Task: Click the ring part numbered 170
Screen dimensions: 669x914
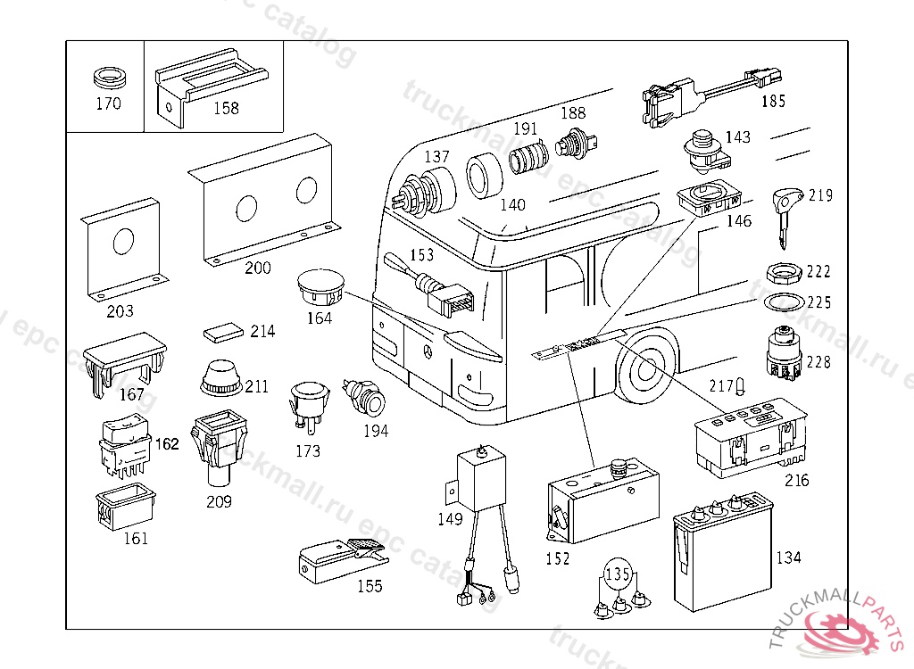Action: point(109,75)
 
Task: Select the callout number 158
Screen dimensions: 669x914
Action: point(227,108)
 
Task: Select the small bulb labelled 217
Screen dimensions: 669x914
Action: point(740,385)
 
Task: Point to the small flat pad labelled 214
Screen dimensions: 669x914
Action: point(223,332)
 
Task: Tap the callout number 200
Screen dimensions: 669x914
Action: point(258,268)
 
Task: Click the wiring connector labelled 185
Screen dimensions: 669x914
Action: point(705,95)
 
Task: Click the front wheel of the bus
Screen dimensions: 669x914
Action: point(644,368)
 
